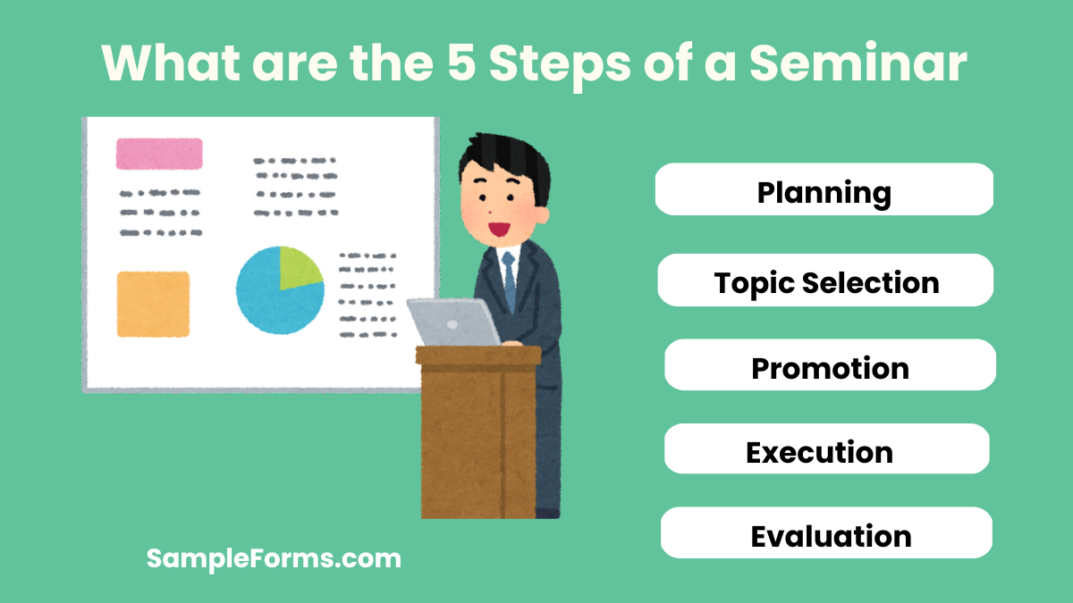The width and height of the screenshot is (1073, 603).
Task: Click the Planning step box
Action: click(x=824, y=189)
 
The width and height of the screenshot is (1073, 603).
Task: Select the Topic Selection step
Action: click(x=825, y=281)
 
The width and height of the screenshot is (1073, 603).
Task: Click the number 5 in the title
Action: click(x=464, y=63)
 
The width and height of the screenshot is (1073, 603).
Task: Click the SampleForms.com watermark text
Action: click(x=274, y=559)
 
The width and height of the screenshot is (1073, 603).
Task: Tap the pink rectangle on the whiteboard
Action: click(x=159, y=154)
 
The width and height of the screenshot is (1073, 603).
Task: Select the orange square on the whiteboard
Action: click(x=153, y=304)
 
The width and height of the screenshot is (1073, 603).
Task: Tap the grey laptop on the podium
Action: click(x=453, y=322)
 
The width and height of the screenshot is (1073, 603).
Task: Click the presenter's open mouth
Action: click(x=496, y=227)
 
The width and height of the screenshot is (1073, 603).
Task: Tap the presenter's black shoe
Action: click(x=546, y=513)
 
